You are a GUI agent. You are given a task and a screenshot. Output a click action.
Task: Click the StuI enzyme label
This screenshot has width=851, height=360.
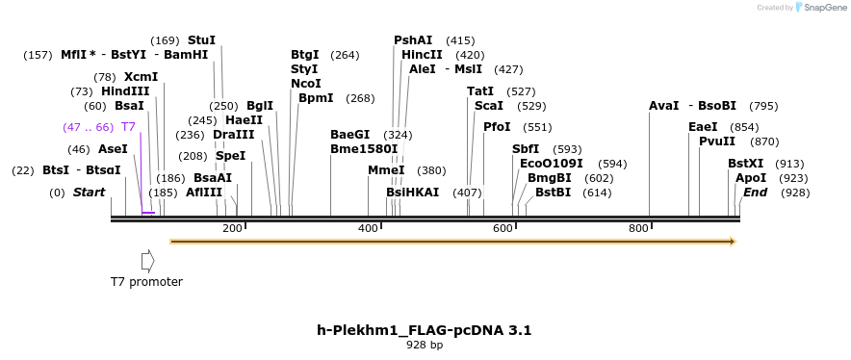click(201, 40)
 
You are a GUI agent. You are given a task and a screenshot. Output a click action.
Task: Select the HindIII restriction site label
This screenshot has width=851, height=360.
click(125, 91)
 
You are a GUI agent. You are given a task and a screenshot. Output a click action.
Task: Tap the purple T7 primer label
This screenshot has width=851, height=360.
click(128, 127)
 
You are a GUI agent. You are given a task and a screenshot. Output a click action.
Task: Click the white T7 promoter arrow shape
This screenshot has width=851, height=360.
click(147, 261)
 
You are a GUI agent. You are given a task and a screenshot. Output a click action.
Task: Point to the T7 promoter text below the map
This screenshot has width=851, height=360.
click(146, 282)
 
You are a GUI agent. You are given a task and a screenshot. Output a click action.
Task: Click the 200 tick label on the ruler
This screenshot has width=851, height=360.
click(232, 228)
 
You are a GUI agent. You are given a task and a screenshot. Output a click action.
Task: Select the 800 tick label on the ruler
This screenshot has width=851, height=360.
click(638, 228)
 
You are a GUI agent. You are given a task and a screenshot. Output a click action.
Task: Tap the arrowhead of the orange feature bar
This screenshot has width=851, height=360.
click(734, 242)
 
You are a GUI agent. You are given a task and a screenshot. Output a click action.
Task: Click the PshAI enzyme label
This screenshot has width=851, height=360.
click(412, 40)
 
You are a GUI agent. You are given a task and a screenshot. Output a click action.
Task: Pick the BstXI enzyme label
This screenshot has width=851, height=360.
click(745, 164)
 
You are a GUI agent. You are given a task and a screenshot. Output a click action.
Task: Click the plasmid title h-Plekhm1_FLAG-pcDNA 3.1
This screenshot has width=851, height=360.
click(424, 330)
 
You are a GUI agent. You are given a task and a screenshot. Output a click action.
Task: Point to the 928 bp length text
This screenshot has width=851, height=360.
click(424, 345)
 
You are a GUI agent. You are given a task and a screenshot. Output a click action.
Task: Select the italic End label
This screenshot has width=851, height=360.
click(755, 193)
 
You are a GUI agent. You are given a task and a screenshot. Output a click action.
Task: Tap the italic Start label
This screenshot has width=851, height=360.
click(89, 193)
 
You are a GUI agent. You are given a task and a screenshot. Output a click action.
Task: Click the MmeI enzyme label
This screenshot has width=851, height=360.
click(386, 170)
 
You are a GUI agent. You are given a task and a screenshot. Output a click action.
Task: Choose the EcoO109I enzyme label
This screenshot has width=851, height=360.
click(552, 164)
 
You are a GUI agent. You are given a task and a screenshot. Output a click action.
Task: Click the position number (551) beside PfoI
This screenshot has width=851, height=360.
click(537, 127)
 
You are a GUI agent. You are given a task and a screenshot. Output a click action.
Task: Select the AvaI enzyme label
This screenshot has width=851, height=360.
click(664, 106)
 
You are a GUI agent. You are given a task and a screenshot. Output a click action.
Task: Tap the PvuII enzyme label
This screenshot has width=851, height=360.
click(717, 141)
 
